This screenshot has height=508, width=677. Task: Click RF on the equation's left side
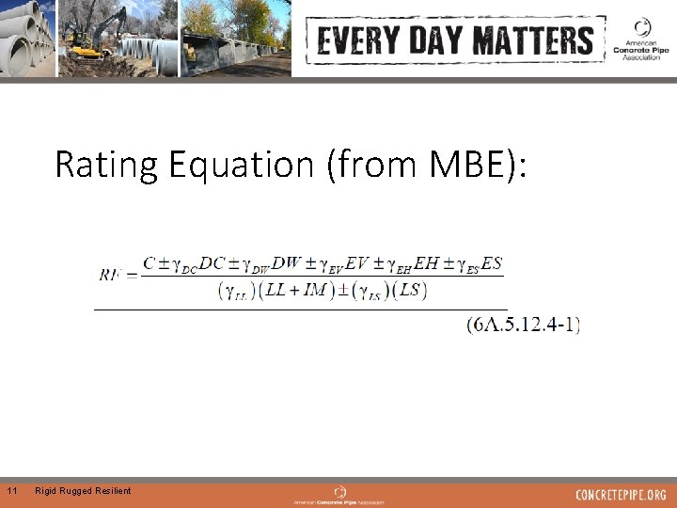pos(110,276)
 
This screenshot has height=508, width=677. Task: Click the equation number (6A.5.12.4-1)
pos(523,325)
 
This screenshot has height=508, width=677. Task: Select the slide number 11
pos(12,491)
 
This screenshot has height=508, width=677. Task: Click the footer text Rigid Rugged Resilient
pos(83,491)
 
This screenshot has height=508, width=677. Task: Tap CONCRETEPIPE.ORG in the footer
pos(621,495)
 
